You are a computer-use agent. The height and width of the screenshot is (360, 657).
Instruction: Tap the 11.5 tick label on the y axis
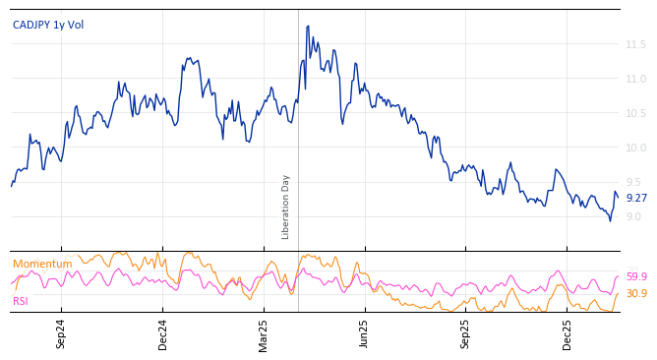tap(635, 44)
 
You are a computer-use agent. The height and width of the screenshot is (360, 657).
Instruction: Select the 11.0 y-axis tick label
tap(635, 79)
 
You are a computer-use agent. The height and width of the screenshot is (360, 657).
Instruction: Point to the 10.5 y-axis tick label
tap(635, 113)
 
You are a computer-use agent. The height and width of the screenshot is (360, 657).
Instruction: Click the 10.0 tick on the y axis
tap(635, 148)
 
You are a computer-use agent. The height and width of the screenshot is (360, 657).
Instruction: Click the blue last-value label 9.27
tap(636, 198)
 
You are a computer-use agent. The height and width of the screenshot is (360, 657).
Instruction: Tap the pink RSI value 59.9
tap(636, 277)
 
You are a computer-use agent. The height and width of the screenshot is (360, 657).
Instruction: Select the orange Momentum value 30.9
tap(636, 293)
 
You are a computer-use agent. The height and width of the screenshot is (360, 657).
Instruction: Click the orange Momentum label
tap(42, 264)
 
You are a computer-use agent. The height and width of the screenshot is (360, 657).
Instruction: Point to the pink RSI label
tap(21, 301)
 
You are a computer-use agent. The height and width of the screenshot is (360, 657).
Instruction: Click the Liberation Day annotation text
tap(286, 207)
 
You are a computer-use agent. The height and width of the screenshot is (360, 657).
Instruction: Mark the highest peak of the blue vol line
tap(308, 27)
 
